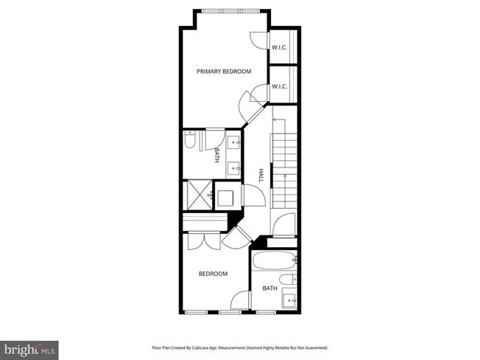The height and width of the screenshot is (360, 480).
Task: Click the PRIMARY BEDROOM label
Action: point(224,72)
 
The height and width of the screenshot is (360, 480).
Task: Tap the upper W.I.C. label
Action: point(279,48)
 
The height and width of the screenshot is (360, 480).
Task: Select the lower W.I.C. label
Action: point(279,86)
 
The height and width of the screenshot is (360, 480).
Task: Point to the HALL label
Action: point(261,176)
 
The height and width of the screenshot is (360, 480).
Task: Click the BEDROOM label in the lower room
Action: point(213,274)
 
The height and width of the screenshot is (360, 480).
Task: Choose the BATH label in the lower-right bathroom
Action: point(270,288)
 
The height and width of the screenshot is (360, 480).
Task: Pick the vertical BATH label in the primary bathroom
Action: point(217,155)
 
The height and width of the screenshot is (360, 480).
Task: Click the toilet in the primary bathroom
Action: point(189,140)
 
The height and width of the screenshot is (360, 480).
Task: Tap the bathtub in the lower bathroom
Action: point(273,260)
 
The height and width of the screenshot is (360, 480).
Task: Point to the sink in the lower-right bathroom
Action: point(290,301)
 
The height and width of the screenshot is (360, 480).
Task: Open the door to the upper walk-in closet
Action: point(258,41)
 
